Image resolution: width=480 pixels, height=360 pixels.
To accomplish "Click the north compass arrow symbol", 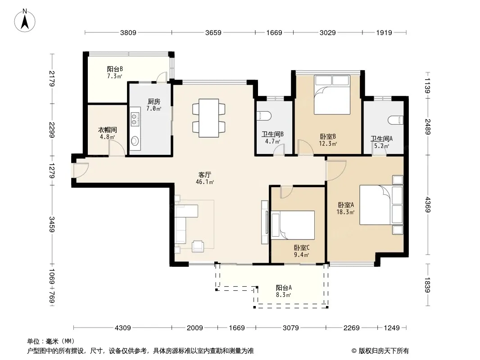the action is [25, 21].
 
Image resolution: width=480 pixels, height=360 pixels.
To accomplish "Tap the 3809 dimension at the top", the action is [128, 32].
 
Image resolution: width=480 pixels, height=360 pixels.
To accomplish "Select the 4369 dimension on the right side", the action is [427, 205].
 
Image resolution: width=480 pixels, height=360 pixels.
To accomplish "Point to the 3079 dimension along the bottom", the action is [290, 328].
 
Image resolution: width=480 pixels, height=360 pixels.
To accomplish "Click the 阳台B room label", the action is [115, 69].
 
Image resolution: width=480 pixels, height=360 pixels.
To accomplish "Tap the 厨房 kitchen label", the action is [154, 102].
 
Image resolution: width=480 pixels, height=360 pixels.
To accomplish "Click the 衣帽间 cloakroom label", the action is [108, 130].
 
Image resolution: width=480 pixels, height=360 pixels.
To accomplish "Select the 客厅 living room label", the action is [204, 175].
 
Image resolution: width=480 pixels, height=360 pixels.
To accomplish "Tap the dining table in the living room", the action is [209, 118].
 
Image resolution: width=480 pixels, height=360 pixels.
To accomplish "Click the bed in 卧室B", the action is [332, 95].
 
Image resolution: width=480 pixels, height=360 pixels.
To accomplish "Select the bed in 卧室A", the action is [381, 204].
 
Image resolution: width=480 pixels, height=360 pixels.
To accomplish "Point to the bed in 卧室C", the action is [293, 225].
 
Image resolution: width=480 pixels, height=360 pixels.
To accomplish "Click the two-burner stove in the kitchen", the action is [134, 119].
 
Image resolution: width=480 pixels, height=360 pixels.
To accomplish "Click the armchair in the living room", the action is [198, 246].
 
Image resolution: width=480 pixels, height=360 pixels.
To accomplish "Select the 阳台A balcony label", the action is [284, 288].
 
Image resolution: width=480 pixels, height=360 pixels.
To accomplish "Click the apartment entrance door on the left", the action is [81, 170].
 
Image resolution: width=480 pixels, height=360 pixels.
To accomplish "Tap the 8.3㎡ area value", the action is [283, 295].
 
